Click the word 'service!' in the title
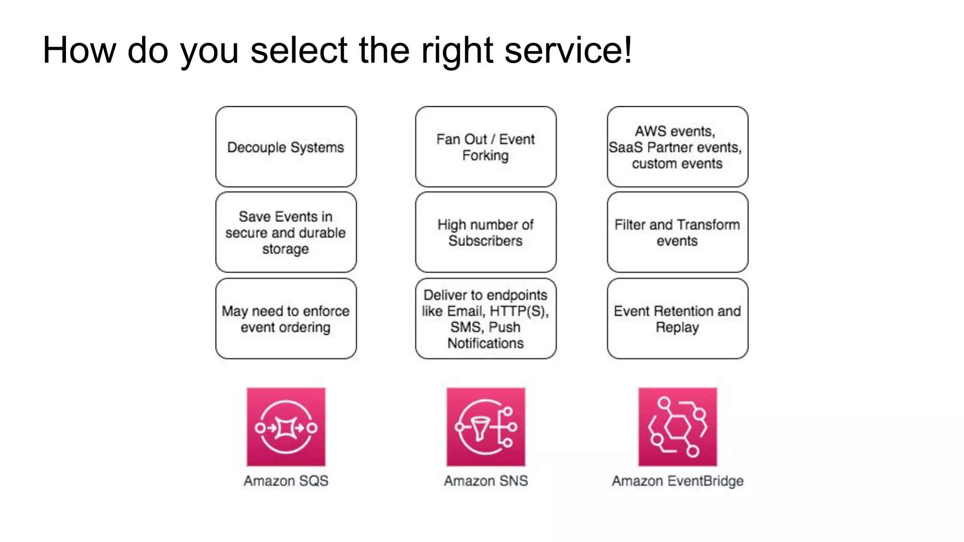pos(568,50)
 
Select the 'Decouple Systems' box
pos(286,147)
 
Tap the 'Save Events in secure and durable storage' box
pos(286,232)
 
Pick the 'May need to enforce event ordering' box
pos(286,319)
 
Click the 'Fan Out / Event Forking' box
pos(485,147)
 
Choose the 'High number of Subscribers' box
pos(485,232)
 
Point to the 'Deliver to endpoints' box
pos(485,319)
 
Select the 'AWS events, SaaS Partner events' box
pos(677,147)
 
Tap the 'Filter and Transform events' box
pos(677,232)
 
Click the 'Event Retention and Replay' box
pos(677,319)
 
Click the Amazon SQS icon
pos(286,427)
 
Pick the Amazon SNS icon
pos(485,427)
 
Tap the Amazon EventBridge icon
pos(677,427)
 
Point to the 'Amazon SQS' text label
pos(286,481)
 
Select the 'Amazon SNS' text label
pos(485,481)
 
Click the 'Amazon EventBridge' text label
pos(677,481)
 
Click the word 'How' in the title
pos(79,50)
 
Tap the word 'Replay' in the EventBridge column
pos(677,327)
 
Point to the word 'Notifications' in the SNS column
pos(485,343)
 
